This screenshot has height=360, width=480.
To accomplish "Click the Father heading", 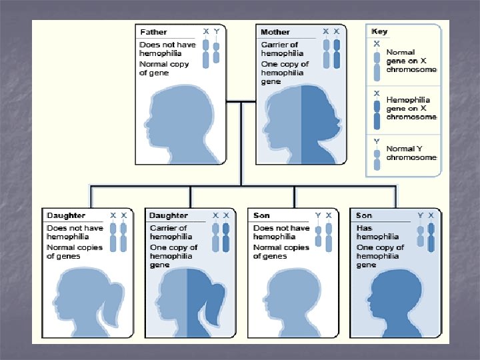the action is pyautogui.click(x=153, y=32).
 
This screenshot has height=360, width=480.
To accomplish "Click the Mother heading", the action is pyautogui.click(x=275, y=32).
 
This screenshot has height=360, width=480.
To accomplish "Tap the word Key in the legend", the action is pyautogui.click(x=379, y=31).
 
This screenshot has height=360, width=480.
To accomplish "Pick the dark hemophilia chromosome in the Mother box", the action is pyautogui.click(x=337, y=55).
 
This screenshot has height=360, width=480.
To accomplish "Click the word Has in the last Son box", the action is pyautogui.click(x=364, y=228).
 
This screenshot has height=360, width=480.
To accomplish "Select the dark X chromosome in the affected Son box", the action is pyautogui.click(x=431, y=237).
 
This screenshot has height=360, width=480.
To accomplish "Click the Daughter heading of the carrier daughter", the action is pyautogui.click(x=169, y=215).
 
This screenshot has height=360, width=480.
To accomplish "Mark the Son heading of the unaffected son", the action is pyautogui.click(x=261, y=215).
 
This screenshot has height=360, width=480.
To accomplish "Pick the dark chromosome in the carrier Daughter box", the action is pyautogui.click(x=226, y=237).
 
